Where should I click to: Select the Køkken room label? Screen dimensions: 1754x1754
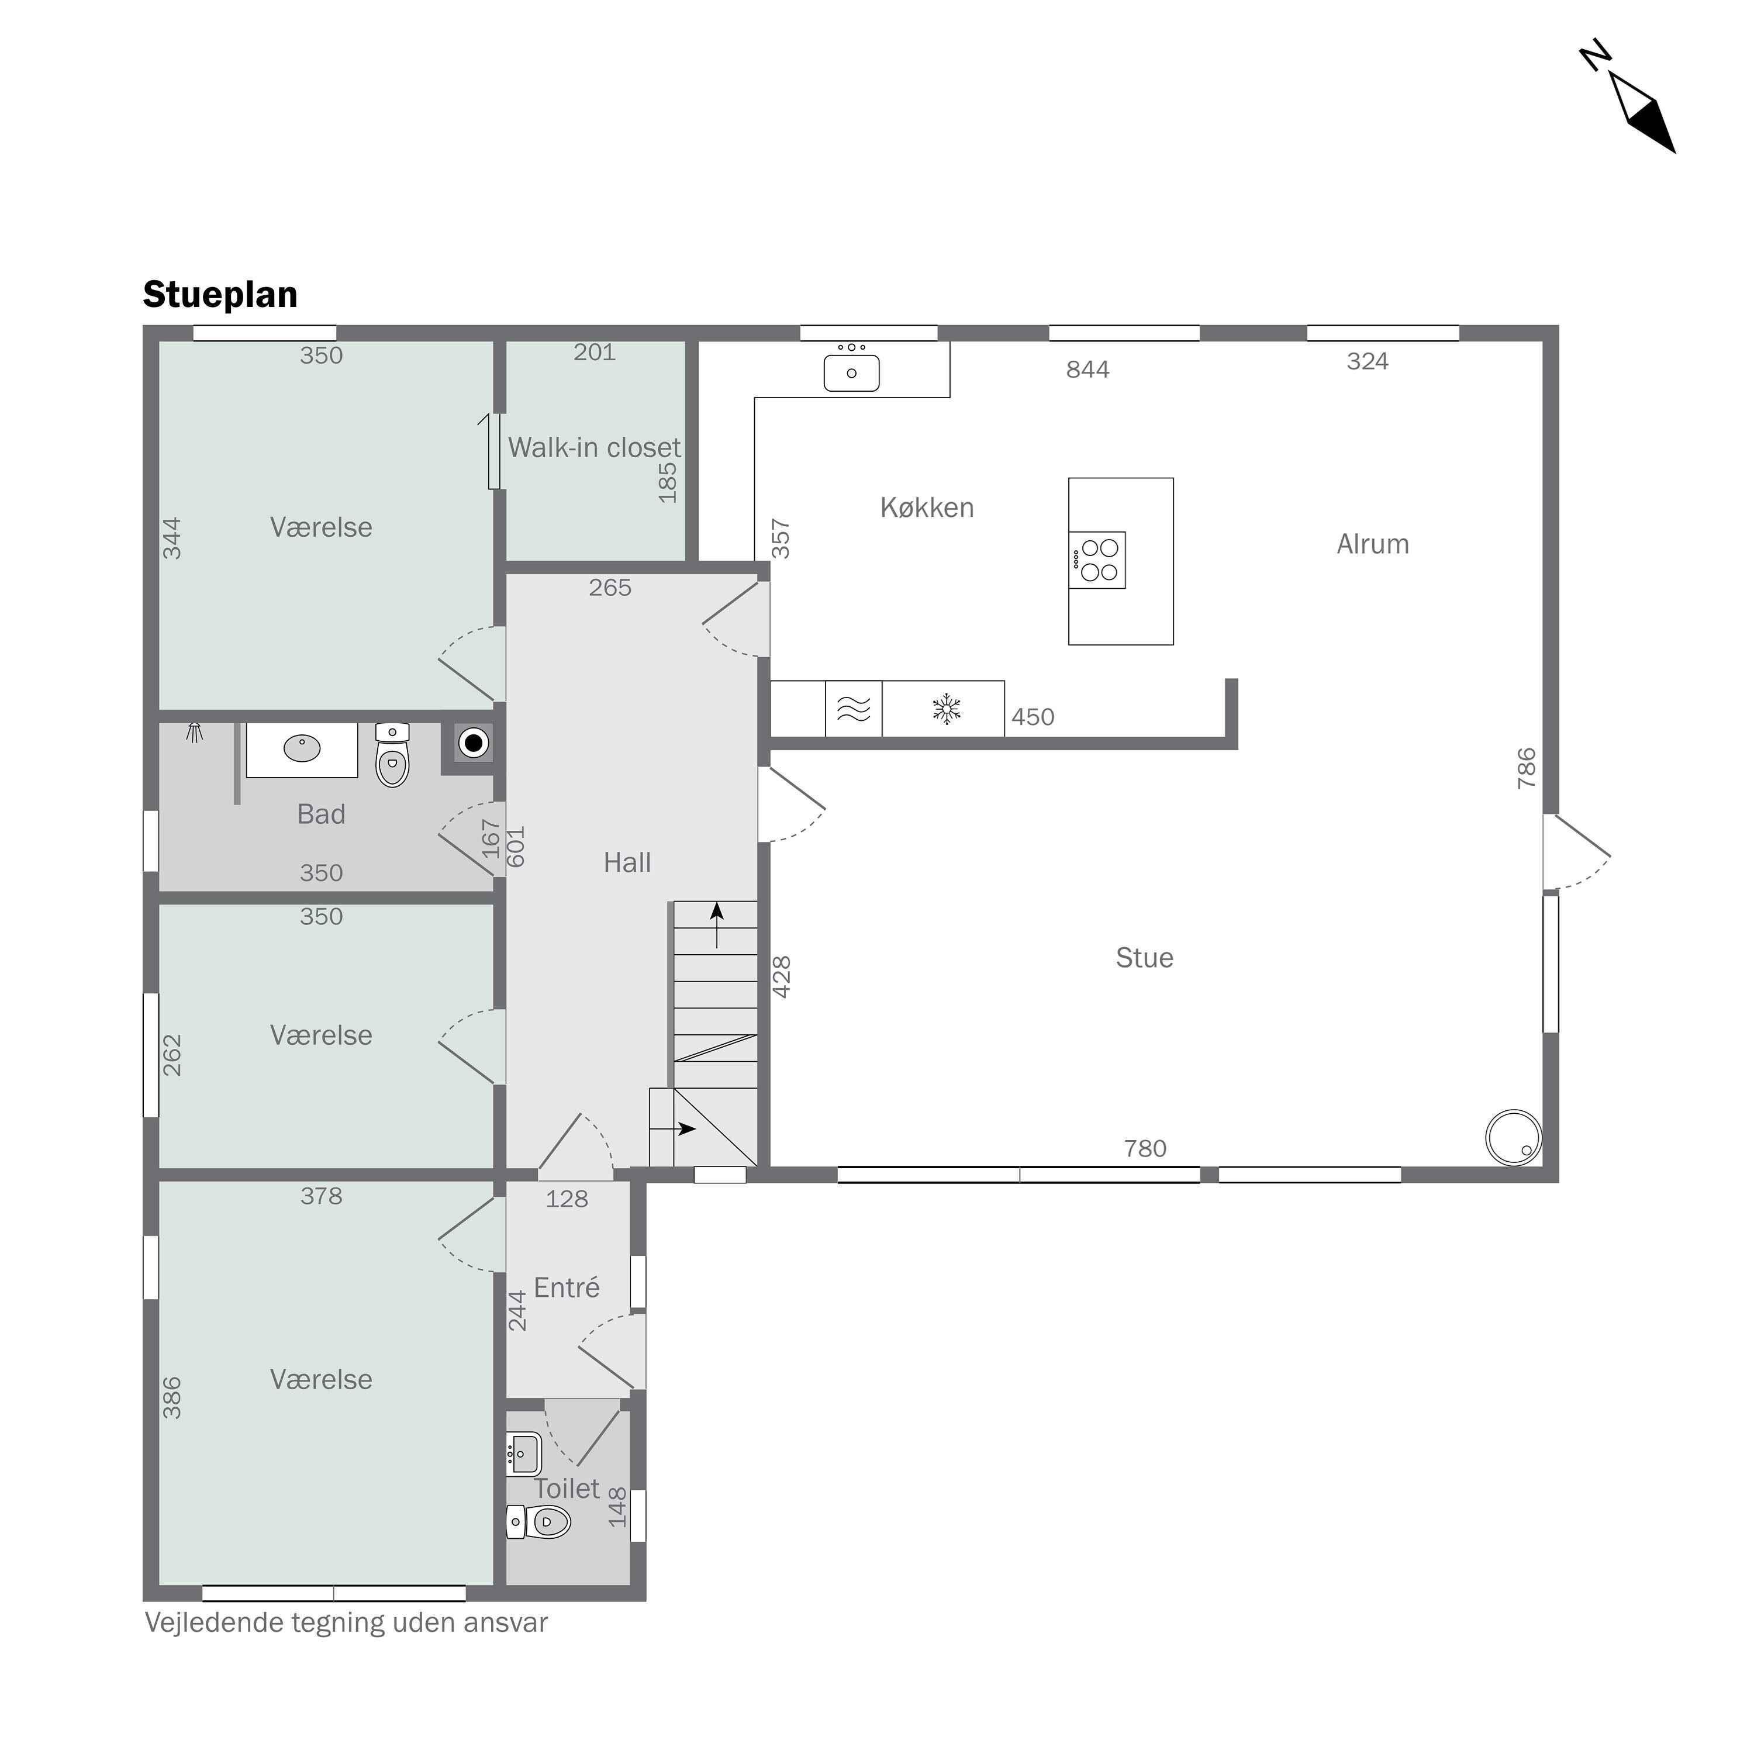927,507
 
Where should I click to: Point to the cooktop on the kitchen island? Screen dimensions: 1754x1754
1097,560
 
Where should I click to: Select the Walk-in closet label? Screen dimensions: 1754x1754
594,448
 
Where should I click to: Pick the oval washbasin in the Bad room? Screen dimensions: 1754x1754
302,749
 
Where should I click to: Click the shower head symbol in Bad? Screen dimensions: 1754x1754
194,732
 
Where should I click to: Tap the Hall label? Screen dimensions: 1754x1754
627,862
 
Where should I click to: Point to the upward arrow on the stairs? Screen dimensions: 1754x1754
717,925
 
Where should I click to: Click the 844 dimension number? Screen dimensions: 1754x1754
1087,370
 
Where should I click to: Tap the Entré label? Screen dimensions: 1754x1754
567,1287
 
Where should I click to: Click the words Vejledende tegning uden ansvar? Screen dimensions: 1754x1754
346,1623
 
